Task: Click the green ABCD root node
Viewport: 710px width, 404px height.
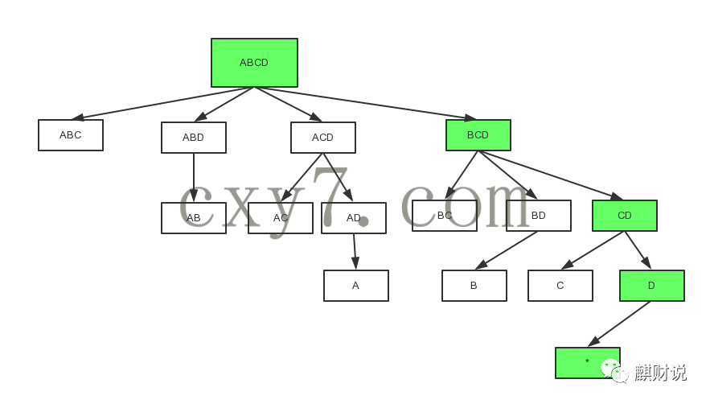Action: coord(254,63)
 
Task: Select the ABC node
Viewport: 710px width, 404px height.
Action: coord(71,135)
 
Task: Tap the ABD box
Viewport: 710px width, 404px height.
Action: coord(194,138)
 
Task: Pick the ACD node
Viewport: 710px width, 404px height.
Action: coord(323,138)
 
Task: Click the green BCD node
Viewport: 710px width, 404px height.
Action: coord(478,135)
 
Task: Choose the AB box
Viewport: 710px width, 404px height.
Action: coord(194,218)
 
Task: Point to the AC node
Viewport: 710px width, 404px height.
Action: coord(281,218)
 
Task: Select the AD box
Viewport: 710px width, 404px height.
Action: coord(354,218)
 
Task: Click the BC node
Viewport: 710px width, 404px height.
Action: coord(445,216)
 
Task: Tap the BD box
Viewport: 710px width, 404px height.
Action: coord(539,216)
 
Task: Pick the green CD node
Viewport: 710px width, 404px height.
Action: coord(625,216)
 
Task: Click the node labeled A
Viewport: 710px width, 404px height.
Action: coord(356,286)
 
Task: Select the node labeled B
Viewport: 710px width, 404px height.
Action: coord(474,286)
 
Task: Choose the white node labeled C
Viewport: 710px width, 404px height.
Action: coord(560,286)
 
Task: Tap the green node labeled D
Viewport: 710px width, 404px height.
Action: coord(652,286)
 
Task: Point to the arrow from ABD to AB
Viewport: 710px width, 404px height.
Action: coord(194,177)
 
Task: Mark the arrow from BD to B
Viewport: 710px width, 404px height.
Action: coord(507,250)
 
